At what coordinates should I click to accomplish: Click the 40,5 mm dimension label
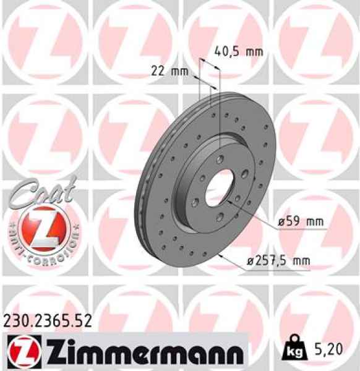pos(238,52)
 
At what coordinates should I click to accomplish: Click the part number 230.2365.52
pos(48,320)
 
